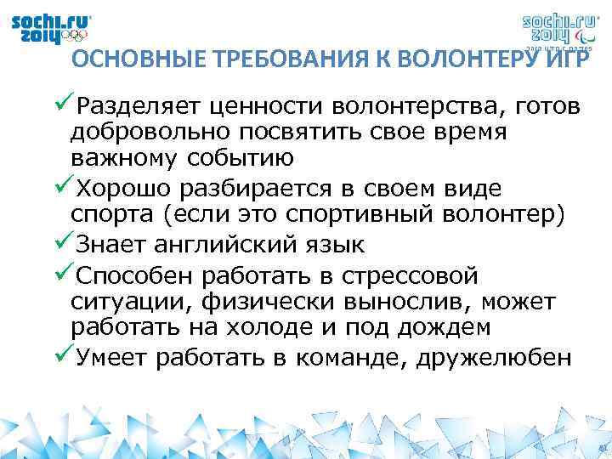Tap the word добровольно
coord(136,133)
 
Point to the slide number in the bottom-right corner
coord(601,449)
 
